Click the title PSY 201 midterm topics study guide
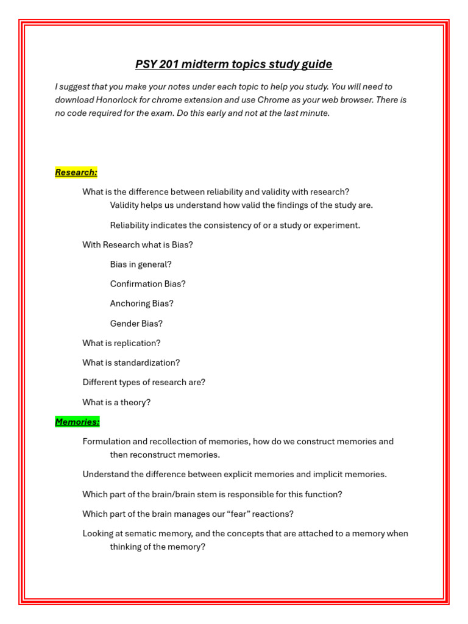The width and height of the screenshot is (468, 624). [233, 65]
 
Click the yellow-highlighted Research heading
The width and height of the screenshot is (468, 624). [76, 172]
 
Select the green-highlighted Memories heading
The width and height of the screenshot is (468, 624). [77, 422]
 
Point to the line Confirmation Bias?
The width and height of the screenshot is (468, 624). [147, 284]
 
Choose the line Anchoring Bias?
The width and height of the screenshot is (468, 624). [141, 303]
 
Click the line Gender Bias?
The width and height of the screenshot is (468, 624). [136, 324]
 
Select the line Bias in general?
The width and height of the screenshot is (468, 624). [141, 264]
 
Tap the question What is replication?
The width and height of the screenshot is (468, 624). [121, 343]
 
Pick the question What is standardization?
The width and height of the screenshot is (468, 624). [131, 363]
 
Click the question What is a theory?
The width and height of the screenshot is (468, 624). [116, 402]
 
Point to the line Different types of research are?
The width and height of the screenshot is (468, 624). [144, 382]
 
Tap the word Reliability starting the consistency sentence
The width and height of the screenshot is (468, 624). [129, 225]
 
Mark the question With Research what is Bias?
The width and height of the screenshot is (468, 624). [138, 245]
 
